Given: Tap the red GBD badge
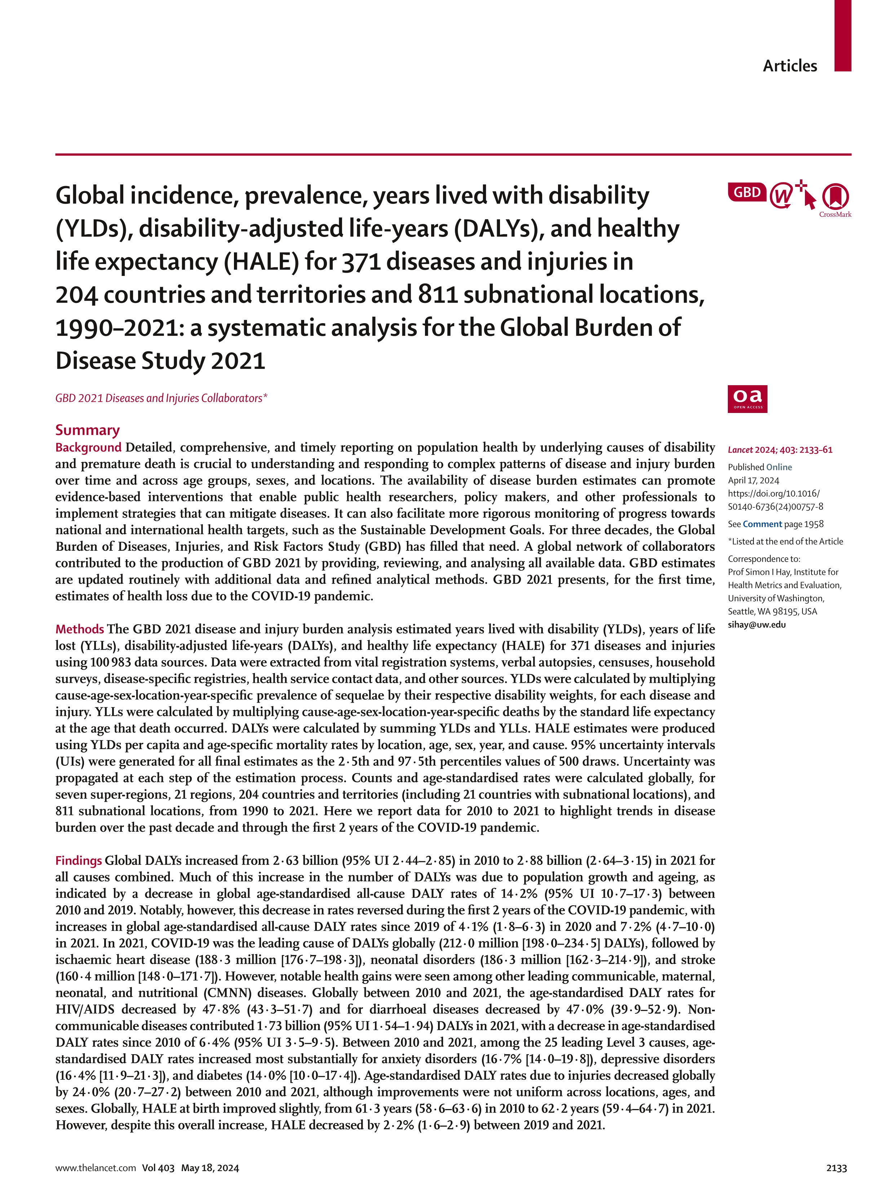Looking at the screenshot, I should [x=747, y=192].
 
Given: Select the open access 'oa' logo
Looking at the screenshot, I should [x=747, y=399].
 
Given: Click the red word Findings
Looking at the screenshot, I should [x=79, y=861].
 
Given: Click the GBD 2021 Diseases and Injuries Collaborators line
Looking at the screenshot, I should [x=161, y=398].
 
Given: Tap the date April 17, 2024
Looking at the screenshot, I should [x=753, y=480].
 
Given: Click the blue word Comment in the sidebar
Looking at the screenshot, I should [x=762, y=524].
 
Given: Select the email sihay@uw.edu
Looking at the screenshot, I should [x=757, y=624].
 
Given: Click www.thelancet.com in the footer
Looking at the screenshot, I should [x=95, y=1168].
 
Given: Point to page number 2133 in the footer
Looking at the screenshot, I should [x=836, y=1168].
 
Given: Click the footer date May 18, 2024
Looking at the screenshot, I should [x=210, y=1168].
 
